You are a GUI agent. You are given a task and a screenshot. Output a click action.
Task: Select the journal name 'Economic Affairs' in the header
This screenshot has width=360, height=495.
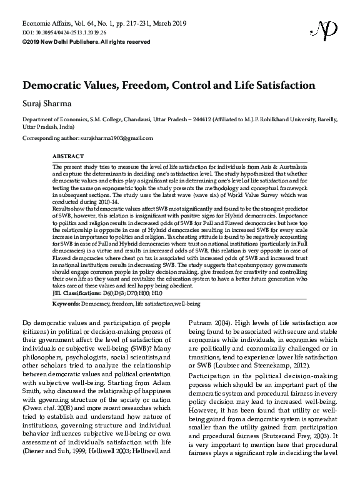tap(46, 22)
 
